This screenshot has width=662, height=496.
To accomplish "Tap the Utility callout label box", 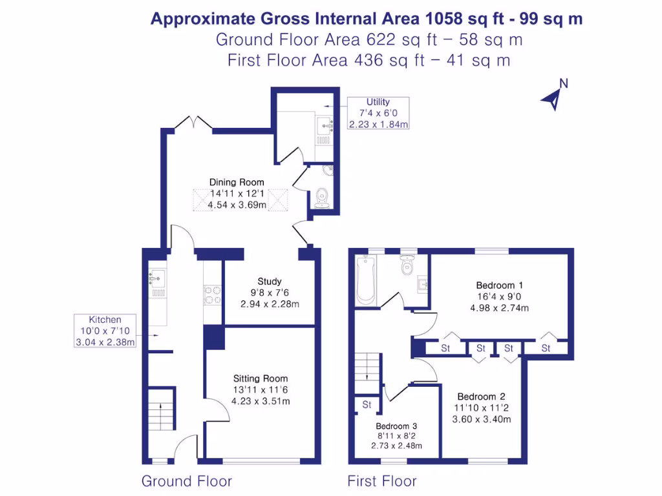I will [x=378, y=113].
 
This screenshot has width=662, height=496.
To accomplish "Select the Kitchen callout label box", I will [x=105, y=331].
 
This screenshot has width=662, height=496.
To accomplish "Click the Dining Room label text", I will [x=237, y=182].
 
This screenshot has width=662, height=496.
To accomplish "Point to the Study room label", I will [x=269, y=282].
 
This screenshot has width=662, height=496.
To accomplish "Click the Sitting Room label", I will [x=261, y=378].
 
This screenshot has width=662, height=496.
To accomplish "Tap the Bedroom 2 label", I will [x=481, y=397].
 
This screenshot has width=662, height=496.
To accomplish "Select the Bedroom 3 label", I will [x=396, y=426].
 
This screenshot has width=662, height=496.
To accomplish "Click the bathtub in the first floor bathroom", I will [x=366, y=279].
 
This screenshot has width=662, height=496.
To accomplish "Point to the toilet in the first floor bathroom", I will [x=407, y=265].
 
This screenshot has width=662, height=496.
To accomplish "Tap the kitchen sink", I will [x=156, y=279].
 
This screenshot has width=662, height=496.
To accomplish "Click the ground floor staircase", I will [x=160, y=411].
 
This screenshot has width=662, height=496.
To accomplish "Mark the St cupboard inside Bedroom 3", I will [x=367, y=405].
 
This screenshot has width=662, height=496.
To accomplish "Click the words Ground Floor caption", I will [x=186, y=481].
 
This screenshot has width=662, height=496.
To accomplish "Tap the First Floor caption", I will [x=382, y=481].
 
